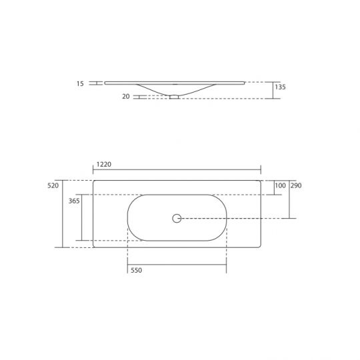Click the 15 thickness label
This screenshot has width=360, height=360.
[x=80, y=84]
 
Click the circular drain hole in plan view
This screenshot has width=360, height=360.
[x=177, y=218]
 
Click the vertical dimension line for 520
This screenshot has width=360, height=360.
[x=63, y=213]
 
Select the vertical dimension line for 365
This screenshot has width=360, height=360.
[x=82, y=217]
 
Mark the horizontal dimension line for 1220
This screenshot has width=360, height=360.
[x=177, y=169]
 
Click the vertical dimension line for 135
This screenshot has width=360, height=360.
[x=273, y=90]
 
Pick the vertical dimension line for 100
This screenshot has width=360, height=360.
[x=273, y=187]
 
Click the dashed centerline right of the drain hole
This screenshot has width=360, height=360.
[x=233, y=218]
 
